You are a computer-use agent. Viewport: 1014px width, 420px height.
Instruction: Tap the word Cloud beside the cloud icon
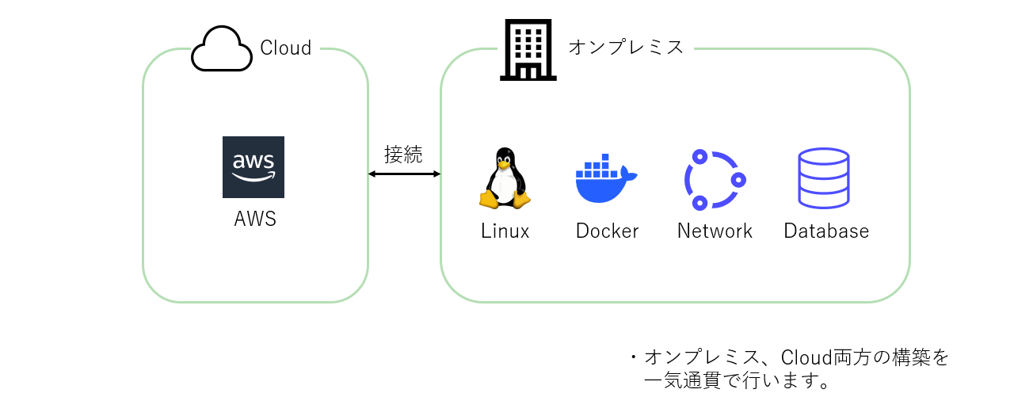click(x=286, y=48)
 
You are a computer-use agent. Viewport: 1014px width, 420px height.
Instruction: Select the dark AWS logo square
click(x=253, y=167)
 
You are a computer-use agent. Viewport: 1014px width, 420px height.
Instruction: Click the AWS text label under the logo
click(x=255, y=219)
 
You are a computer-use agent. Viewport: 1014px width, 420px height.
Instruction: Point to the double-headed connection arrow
click(x=404, y=174)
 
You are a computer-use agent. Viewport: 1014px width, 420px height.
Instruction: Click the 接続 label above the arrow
click(x=403, y=155)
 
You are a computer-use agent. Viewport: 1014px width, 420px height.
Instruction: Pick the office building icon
click(x=528, y=50)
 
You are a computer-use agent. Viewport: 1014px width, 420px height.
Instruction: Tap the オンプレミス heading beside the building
click(x=626, y=47)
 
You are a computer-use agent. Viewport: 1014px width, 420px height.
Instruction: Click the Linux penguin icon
click(x=505, y=178)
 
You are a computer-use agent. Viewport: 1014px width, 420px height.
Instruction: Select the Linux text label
click(x=505, y=231)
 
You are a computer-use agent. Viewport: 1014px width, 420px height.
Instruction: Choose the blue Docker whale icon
click(x=606, y=178)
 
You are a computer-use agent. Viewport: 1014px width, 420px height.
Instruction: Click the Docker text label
click(x=607, y=231)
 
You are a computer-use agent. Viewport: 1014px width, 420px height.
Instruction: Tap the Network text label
click(x=715, y=231)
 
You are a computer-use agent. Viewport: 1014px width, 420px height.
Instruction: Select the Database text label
click(x=826, y=231)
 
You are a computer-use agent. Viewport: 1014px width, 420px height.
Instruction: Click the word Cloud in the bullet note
click(x=806, y=357)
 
